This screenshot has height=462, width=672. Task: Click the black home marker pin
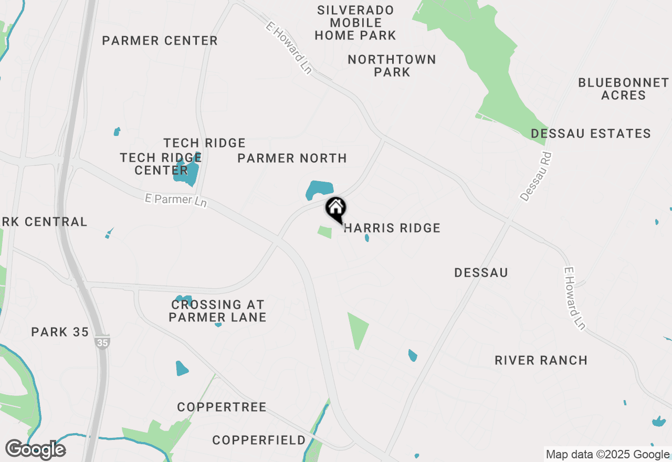pos(335,209)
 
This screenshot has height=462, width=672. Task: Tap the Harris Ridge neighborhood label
pos(392,228)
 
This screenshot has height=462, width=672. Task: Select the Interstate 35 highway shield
pos(102,342)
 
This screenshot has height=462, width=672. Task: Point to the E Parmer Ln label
pos(176,200)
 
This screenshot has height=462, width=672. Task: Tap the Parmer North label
pos(292,158)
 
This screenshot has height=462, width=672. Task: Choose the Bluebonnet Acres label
pos(624,89)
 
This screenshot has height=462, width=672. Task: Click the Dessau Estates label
pos(591,133)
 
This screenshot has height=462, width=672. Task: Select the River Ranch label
pos(541,360)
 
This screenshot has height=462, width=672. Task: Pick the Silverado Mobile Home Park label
pos(355,23)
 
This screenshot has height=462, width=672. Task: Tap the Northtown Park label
pos(392,66)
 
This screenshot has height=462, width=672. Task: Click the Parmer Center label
pos(160,40)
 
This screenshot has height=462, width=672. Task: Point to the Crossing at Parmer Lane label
pos(217,311)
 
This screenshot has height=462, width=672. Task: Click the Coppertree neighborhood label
pos(222,407)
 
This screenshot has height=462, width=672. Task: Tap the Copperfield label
pos(259,440)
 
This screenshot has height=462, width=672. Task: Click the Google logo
pos(36,450)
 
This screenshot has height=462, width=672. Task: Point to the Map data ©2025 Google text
pos(607,455)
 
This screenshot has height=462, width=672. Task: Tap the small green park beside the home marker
pos(325,232)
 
